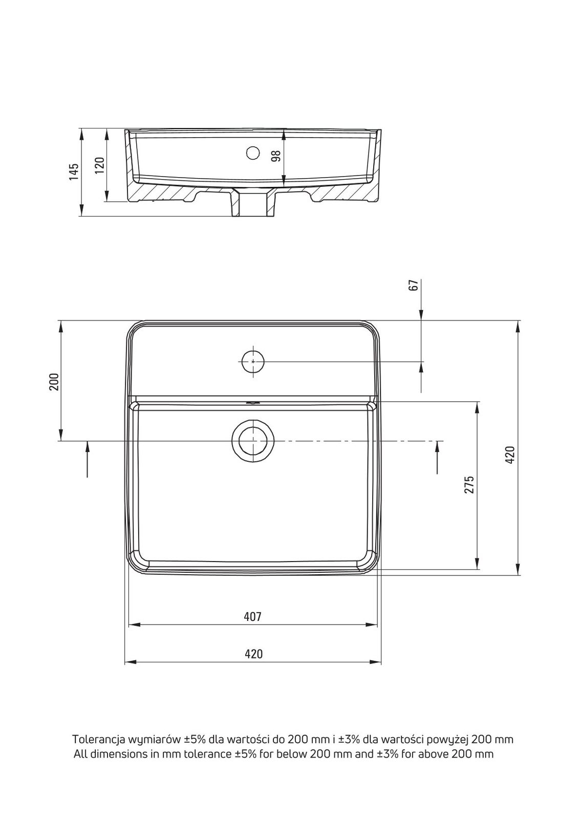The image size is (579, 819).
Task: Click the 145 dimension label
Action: [x=74, y=172]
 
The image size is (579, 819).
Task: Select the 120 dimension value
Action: [x=99, y=165]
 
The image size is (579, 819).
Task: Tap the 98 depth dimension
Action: [x=276, y=156]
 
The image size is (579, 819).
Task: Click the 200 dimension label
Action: [x=54, y=382]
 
